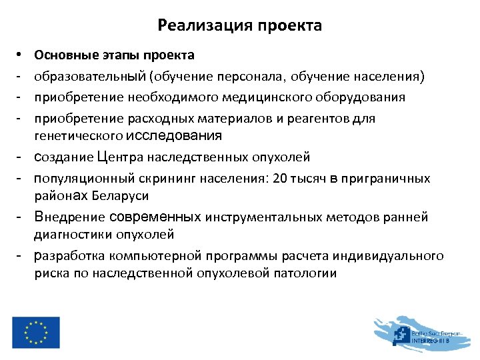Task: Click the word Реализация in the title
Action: [198, 26]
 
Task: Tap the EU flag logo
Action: [35, 332]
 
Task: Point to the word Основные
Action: [62, 55]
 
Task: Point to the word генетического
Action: [78, 136]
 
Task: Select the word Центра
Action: [119, 157]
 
